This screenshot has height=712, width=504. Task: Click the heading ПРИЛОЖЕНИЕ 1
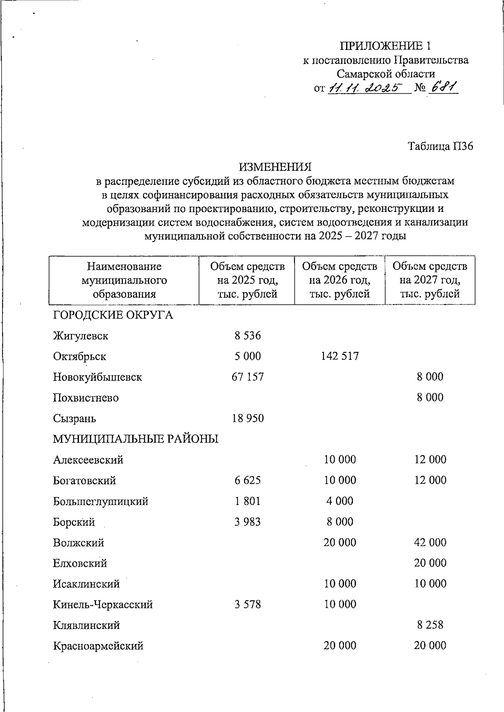click(385, 45)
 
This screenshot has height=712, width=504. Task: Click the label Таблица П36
click(441, 146)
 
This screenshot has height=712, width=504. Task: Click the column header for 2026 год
click(340, 280)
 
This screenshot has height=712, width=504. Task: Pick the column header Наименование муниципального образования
click(124, 280)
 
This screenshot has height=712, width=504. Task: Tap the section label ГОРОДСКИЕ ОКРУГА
click(113, 315)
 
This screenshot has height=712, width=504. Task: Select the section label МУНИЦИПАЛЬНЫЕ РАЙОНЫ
click(136, 439)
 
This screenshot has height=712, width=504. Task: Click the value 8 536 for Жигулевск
click(247, 336)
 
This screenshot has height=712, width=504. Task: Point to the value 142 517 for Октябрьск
click(340, 356)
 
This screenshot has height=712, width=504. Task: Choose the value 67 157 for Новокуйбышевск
click(247, 377)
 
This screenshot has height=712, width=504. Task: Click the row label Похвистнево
click(86, 398)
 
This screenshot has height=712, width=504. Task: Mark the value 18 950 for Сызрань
click(247, 418)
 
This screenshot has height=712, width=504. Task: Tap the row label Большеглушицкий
click(100, 501)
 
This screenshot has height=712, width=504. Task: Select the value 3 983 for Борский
click(247, 522)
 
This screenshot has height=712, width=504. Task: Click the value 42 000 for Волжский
click(430, 542)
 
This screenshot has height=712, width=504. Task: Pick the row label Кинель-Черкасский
click(102, 605)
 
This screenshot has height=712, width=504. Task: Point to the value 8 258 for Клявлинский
click(430, 625)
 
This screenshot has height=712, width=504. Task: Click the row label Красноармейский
click(98, 646)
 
